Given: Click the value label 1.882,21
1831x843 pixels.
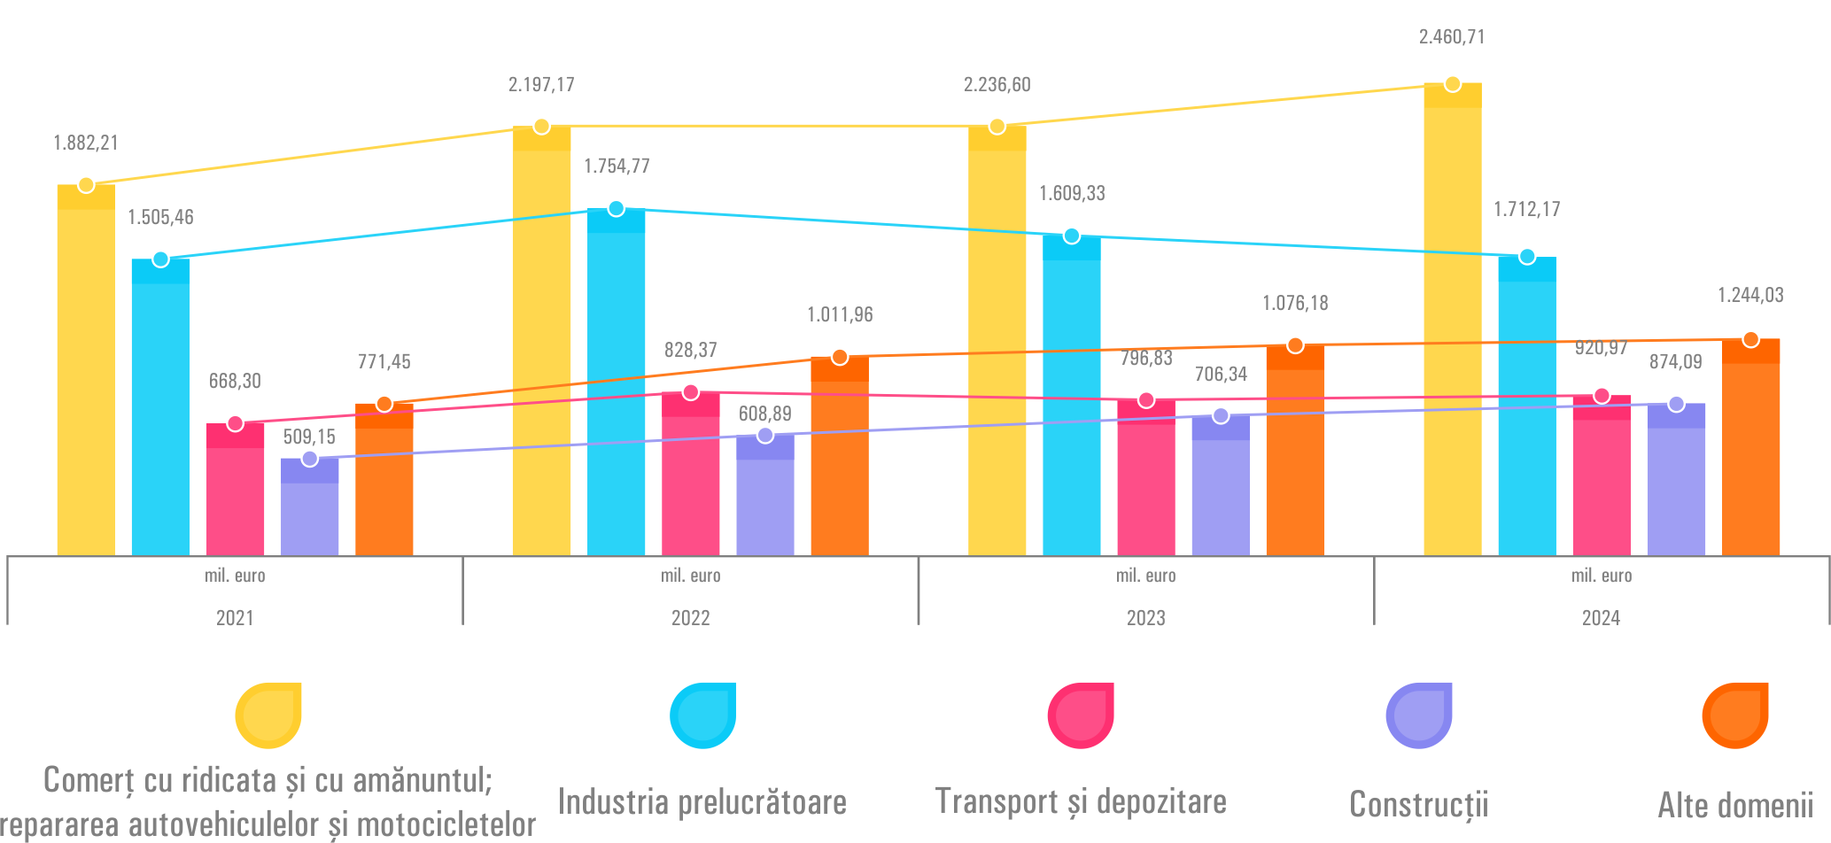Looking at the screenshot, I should click(86, 143).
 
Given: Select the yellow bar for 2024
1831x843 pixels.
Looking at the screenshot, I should click(1452, 328).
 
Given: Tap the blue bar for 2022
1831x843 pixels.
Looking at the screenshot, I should click(616, 390).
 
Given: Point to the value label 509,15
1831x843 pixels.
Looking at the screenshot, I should click(309, 437).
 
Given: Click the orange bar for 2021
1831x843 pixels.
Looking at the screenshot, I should click(384, 487).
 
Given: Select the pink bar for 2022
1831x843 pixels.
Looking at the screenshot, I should click(690, 478).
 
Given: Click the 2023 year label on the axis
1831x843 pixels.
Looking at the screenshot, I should click(1145, 618).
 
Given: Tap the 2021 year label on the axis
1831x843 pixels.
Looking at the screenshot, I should click(235, 618).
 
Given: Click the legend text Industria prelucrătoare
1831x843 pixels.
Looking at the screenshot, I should click(702, 802).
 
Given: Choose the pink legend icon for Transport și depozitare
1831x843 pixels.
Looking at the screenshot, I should click(1080, 715).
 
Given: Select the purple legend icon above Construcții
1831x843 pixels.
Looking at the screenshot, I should click(1418, 715).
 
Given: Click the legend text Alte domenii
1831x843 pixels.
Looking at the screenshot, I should click(1735, 806).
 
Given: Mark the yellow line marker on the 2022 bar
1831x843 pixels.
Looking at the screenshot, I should click(541, 127).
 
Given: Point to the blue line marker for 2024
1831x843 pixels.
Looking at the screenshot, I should click(1526, 257).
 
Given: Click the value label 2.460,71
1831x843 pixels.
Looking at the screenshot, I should click(1452, 37).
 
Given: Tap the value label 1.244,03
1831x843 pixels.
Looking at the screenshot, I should click(1750, 296).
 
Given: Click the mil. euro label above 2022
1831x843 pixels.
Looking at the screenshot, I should click(690, 576).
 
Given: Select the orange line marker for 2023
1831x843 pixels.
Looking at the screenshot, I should click(1295, 345).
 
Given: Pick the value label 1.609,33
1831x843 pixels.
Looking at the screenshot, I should click(1072, 194).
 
